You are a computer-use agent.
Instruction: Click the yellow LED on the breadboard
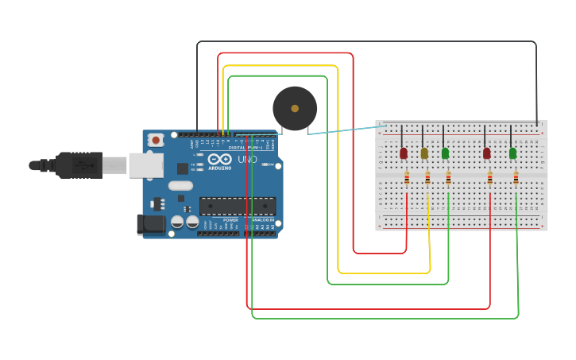tap(424, 153)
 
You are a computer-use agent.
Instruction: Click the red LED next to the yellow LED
tap(404, 153)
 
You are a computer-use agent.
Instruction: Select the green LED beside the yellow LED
tap(445, 153)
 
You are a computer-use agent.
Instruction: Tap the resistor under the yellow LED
tap(427, 179)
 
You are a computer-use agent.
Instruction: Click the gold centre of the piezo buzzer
tap(295, 108)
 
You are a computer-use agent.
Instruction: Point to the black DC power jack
tap(152, 225)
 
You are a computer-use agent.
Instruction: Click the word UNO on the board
tap(247, 161)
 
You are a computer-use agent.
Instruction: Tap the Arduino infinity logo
tap(218, 159)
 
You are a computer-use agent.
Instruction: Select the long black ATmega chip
tap(238, 206)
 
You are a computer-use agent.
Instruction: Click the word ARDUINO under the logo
tap(218, 168)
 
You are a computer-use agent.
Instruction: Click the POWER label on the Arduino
tap(230, 220)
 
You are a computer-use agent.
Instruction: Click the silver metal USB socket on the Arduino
tap(146, 165)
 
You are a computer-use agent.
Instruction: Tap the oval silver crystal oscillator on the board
tap(180, 186)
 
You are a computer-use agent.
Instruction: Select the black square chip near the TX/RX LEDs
tap(183, 168)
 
